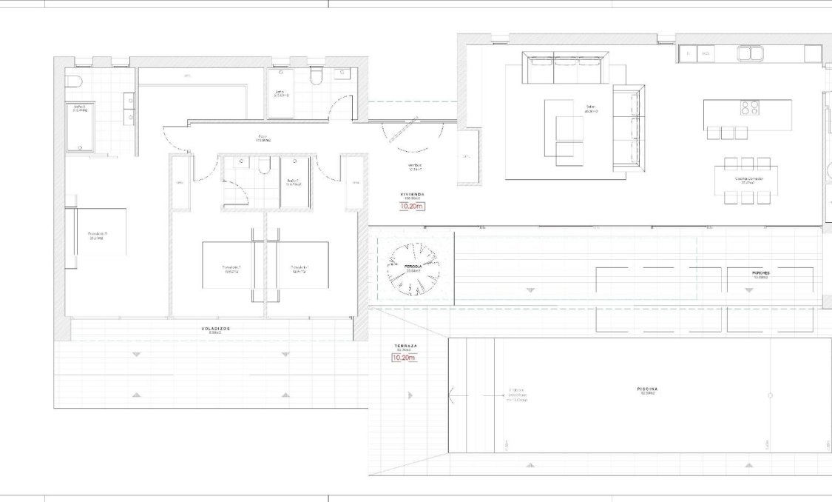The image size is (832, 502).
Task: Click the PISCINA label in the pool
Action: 648,389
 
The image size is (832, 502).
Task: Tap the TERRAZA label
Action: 405,347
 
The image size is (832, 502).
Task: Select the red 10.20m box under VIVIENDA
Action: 412,207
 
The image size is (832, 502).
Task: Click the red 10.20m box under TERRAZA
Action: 405,358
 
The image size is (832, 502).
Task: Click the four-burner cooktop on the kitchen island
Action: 750,108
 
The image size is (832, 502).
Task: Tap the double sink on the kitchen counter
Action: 748,53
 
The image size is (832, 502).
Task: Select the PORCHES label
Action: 760,273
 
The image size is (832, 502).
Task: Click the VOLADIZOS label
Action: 215,327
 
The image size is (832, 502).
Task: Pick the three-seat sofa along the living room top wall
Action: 565,68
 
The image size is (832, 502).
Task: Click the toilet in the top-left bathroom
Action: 72,81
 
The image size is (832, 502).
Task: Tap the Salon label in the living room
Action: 591,107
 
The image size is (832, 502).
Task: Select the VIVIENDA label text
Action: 412,194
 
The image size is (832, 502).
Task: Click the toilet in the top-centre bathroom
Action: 316,76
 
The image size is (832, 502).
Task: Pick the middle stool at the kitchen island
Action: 728,133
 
